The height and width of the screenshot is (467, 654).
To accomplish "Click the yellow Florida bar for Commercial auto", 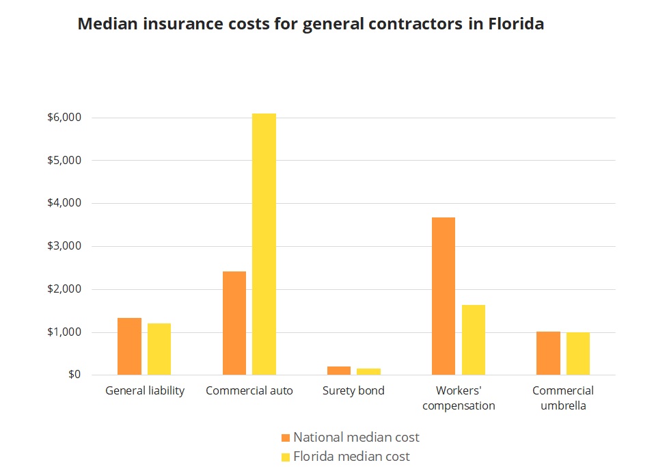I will [x=264, y=244].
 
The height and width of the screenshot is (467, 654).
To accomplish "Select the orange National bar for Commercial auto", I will [x=234, y=323].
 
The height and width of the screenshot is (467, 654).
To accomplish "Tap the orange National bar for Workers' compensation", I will [x=444, y=296].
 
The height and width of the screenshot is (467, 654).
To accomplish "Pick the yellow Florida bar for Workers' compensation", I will [x=473, y=340].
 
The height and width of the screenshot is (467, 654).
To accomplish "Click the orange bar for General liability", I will [x=129, y=346].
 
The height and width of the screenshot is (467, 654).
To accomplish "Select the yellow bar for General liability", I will [x=159, y=349].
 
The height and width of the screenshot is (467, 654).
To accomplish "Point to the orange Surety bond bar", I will [x=339, y=371].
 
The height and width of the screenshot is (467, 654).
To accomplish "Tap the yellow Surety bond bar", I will [x=368, y=371].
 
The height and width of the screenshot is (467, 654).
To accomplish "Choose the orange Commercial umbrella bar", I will [x=548, y=353].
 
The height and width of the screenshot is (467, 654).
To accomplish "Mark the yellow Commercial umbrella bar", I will [x=578, y=353].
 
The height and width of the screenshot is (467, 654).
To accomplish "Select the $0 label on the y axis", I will [x=74, y=375].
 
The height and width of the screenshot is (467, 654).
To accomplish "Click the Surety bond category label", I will [x=353, y=391].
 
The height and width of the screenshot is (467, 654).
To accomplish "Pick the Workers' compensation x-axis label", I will [x=459, y=398].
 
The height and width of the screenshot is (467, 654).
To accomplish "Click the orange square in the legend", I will [x=286, y=438].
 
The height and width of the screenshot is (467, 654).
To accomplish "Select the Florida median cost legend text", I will [x=351, y=456].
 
